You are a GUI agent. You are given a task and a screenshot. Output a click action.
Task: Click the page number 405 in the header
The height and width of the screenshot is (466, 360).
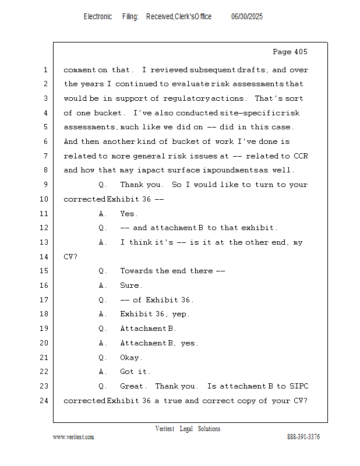click(299, 52)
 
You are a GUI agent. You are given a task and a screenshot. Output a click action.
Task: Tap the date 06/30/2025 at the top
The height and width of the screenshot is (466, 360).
click(247, 17)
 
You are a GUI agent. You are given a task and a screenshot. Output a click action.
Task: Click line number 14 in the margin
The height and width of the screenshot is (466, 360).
click(45, 257)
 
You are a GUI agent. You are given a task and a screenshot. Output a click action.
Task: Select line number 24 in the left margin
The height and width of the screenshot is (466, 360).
click(45, 401)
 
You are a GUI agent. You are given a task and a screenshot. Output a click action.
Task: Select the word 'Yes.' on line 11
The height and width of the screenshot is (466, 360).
click(129, 214)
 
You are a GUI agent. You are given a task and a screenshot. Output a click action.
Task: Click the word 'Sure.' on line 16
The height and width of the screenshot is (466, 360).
click(130, 285)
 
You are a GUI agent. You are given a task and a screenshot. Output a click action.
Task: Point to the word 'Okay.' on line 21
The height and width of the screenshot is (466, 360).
click(131, 358)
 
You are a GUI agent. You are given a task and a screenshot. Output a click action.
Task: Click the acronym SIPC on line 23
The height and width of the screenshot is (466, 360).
click(297, 386)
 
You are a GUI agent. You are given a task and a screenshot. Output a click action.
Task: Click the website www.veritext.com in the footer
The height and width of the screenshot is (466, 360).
click(73, 437)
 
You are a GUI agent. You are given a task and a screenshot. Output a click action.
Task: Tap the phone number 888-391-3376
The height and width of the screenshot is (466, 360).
click(303, 437)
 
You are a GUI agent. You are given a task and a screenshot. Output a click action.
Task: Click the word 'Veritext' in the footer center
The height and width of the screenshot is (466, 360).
click(165, 429)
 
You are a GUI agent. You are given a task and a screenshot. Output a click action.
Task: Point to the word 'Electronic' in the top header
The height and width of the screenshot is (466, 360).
click(98, 17)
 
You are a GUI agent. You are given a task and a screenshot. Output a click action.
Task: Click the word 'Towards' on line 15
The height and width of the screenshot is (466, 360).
click(137, 271)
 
